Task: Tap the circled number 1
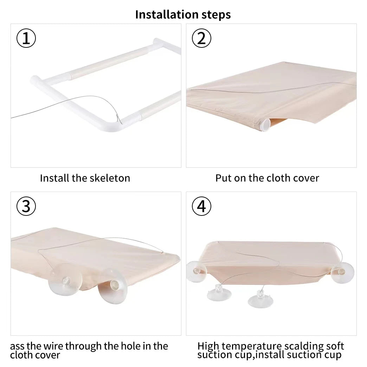point(26,38)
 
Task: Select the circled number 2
point(201,38)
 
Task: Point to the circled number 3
point(26,206)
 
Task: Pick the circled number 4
point(201,206)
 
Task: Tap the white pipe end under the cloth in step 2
point(265,125)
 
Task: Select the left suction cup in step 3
point(65,279)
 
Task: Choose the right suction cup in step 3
point(113,286)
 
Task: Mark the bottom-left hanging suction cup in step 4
point(219,292)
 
